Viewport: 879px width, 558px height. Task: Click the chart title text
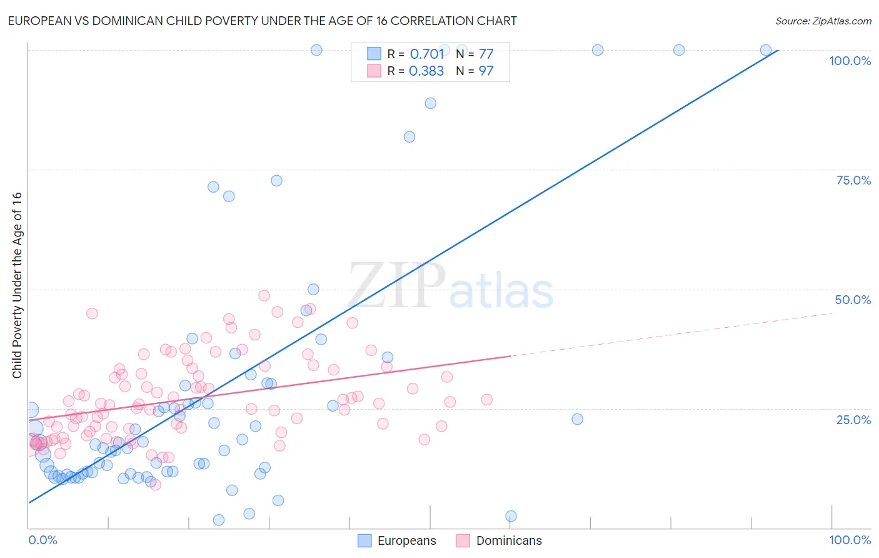[x=262, y=21]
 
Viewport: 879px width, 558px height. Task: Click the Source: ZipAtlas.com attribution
[x=823, y=21]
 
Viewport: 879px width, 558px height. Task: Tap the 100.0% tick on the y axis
[x=850, y=61]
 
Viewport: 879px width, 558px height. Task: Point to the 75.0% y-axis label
[x=853, y=180]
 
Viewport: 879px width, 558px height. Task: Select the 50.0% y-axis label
[x=853, y=300]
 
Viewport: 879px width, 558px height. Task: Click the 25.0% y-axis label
[x=853, y=419]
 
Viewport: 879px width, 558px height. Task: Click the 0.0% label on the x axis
[x=43, y=540]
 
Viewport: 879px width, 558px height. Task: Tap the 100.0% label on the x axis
[x=850, y=540]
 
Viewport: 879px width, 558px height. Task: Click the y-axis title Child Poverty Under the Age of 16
[x=17, y=285]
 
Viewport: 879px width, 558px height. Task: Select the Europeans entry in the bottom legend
[x=406, y=540]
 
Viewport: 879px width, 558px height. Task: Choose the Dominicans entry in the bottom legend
[x=509, y=540]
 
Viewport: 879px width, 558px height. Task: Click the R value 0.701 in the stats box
[x=427, y=54]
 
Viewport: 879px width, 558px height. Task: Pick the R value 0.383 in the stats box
[x=426, y=71]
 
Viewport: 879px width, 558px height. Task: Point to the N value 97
[x=486, y=71]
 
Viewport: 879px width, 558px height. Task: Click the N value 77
[x=486, y=54]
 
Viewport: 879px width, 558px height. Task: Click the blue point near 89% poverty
[x=431, y=103]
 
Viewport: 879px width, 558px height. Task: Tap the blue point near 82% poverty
[x=409, y=137]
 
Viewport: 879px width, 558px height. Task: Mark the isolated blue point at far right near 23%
[x=578, y=419]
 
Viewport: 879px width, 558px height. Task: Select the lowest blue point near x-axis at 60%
[x=511, y=516]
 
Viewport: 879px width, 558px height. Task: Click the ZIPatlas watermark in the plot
[x=451, y=287]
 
